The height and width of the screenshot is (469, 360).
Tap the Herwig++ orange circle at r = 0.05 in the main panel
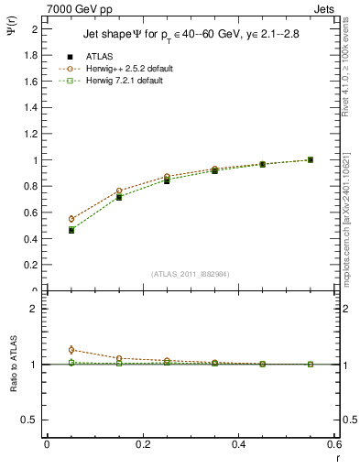(x=71, y=219)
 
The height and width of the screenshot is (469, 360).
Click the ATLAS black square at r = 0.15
(x=119, y=197)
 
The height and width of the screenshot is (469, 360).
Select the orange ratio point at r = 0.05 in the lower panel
(x=71, y=350)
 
